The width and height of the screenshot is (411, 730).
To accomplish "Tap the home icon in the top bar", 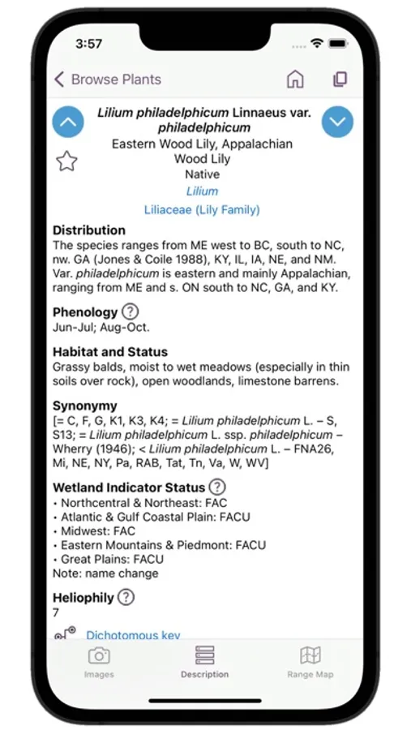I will tap(295, 79).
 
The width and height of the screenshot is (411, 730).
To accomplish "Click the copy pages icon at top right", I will tap(340, 79).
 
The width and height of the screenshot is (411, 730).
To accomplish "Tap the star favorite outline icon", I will tap(66, 161).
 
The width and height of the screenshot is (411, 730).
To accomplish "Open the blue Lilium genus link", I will tap(202, 191).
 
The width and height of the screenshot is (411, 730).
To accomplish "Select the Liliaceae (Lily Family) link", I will tap(202, 209).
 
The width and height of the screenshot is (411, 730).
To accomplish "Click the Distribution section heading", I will tap(89, 230).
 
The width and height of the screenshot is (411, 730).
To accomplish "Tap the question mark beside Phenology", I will tap(130, 311).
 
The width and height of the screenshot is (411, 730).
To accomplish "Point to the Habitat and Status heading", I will tap(110, 352).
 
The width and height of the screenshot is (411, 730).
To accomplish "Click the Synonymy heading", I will tap(85, 406).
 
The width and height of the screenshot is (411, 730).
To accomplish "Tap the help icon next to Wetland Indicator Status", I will tap(216, 487).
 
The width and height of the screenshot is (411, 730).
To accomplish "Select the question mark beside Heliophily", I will tap(126, 598).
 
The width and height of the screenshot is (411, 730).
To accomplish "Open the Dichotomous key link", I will tap(133, 635).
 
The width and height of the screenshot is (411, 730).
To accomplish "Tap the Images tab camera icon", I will tap(99, 656).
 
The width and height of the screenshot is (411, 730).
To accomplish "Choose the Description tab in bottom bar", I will tap(204, 661).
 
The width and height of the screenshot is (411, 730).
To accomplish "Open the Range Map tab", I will tap(310, 661).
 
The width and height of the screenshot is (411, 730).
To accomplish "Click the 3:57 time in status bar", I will tap(88, 43).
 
